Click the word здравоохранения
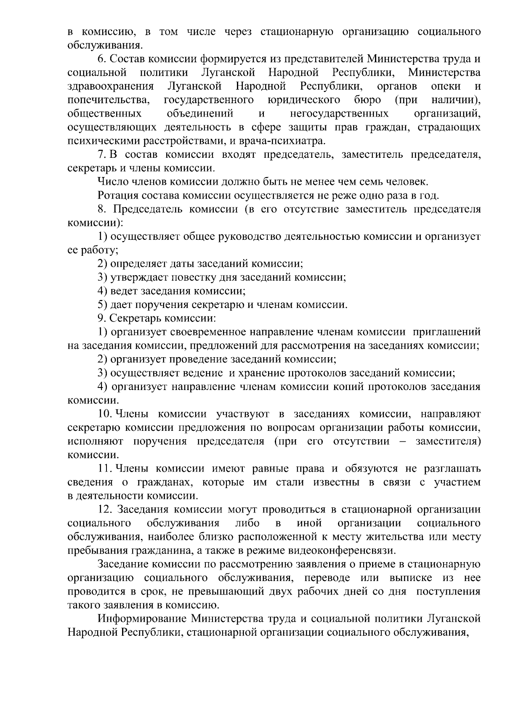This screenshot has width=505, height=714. click(110, 87)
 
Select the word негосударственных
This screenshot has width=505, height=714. click(339, 114)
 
